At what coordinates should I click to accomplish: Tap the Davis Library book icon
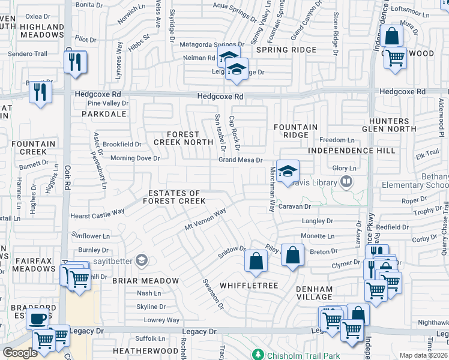point(346,181)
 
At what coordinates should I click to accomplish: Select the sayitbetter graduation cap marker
point(142,260)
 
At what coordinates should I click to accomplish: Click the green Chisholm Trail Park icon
point(258,354)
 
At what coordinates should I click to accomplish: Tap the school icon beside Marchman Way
point(288,170)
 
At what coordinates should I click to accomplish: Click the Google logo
point(20,353)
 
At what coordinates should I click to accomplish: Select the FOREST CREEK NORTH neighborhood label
point(183,138)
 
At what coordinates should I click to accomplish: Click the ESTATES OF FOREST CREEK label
point(175,197)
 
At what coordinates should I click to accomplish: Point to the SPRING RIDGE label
point(277,50)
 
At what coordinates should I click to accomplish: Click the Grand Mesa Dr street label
point(240,160)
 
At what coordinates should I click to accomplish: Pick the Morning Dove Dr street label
point(135,158)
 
